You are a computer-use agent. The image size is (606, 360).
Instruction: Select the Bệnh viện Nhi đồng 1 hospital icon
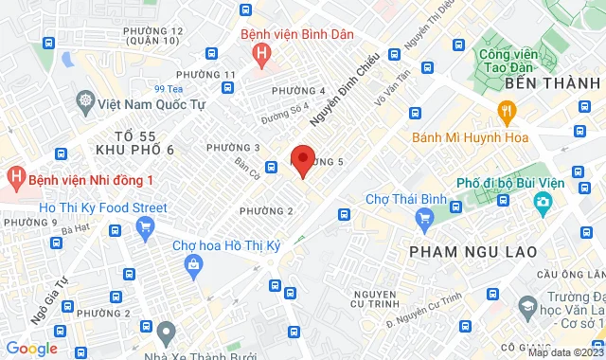coord(15,177)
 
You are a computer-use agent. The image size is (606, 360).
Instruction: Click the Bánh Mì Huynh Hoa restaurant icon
coord(507,114)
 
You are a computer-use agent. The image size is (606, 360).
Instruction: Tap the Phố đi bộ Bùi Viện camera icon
coord(543,202)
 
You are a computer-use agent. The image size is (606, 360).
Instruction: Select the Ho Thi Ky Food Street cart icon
coord(145,227)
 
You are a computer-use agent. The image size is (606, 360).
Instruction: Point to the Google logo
coord(31,348)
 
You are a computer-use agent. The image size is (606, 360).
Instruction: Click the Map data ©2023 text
coord(563,352)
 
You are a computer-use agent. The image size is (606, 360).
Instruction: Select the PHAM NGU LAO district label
coord(472,251)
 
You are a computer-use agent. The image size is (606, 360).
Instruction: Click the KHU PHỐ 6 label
coord(136,150)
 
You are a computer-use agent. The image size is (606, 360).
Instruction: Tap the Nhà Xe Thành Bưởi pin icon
coord(167,333)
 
